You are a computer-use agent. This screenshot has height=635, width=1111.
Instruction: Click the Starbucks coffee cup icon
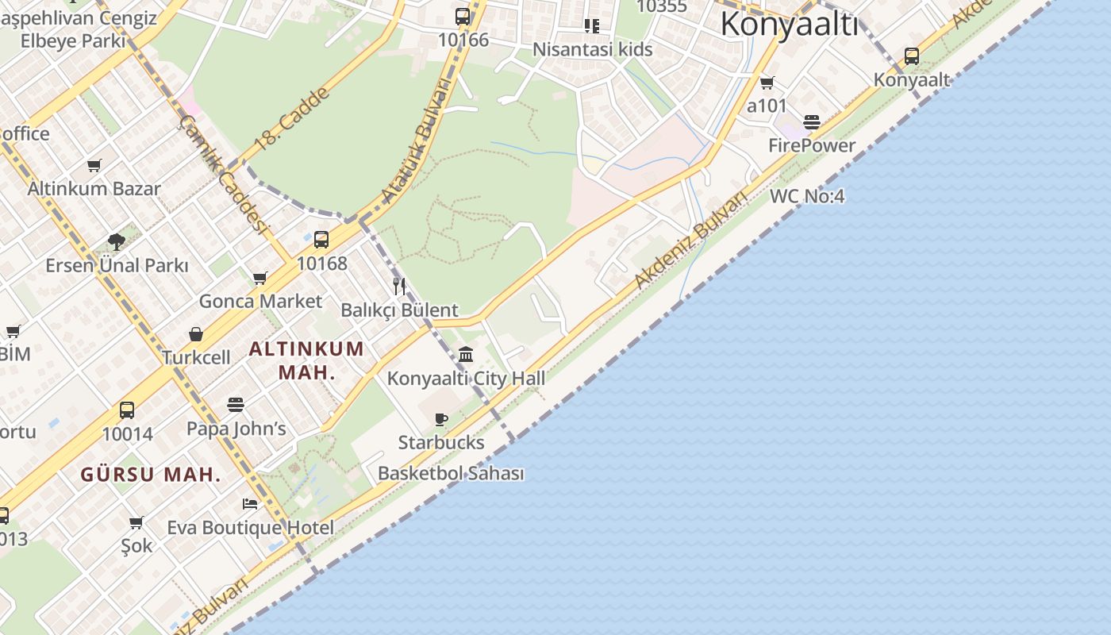click(441, 419)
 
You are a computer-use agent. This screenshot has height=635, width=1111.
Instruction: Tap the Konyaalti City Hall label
click(466, 379)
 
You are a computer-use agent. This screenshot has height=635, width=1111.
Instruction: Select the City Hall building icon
click(466, 354)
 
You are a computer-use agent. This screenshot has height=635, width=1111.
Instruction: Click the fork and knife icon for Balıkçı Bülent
click(399, 287)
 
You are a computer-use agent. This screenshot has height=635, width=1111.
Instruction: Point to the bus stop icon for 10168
click(321, 240)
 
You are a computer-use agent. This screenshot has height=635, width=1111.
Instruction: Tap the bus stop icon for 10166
click(463, 16)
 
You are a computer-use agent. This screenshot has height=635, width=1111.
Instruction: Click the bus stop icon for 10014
click(127, 410)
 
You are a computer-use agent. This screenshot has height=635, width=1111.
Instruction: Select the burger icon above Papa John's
click(236, 405)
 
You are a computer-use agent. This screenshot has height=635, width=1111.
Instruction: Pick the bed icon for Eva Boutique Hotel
click(250, 503)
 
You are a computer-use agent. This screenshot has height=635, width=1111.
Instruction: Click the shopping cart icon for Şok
click(136, 522)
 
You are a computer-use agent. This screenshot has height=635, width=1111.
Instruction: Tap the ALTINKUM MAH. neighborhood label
click(306, 360)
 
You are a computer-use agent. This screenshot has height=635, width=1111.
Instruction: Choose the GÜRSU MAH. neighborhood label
click(151, 475)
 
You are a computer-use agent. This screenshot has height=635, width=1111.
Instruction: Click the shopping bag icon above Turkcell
click(196, 334)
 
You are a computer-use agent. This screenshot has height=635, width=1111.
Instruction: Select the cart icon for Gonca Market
click(260, 278)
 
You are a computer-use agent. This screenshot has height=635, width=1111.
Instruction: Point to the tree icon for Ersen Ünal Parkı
click(117, 241)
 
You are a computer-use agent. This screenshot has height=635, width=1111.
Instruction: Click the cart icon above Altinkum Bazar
click(94, 165)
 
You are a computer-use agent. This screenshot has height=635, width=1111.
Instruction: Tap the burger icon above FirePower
click(811, 121)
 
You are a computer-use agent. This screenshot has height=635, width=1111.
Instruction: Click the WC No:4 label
click(807, 195)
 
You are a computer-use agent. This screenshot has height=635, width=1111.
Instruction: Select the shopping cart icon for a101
click(767, 83)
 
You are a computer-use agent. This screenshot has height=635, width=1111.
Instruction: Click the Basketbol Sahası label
click(451, 474)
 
